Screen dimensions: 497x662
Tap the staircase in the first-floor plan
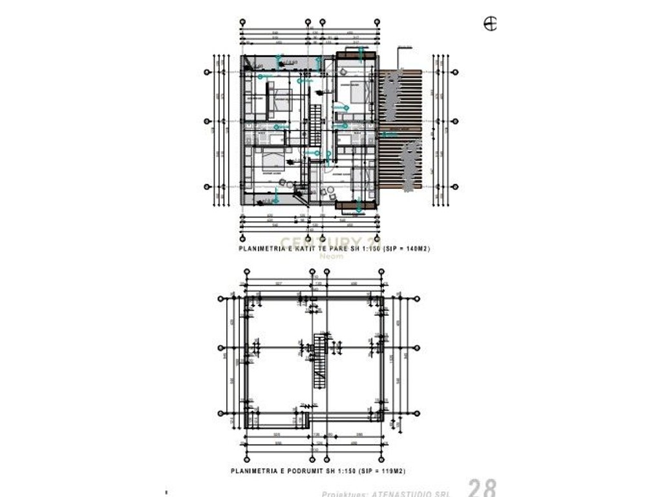tap(315, 126)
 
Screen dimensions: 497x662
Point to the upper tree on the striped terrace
tap(390, 94)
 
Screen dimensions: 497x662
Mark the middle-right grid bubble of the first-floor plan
tap(455, 121)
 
